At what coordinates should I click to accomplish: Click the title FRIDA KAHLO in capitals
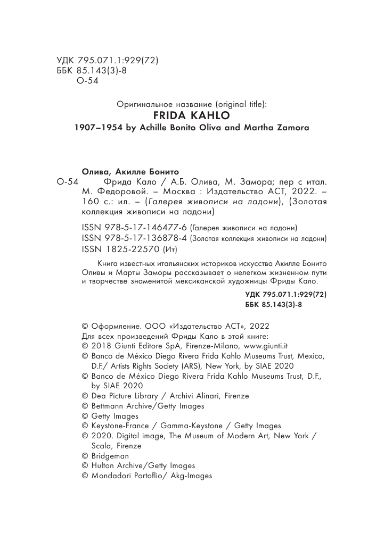coord(184,116)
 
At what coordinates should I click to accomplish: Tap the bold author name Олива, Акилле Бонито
coord(129,171)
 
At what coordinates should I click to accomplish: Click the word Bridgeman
coord(110,456)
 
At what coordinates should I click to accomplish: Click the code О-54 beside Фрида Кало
coord(67,182)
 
